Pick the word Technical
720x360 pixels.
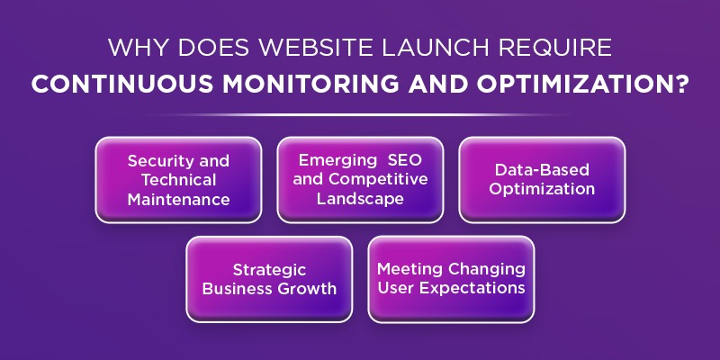pos(178,180)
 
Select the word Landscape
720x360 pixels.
pos(360,199)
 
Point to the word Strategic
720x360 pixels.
pos(269,270)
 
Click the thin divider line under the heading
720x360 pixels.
pos(360,114)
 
